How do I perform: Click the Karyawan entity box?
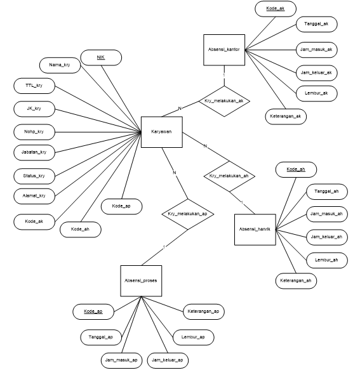point(158,132)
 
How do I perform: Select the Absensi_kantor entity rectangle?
point(223,49)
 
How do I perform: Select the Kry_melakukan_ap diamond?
point(187,214)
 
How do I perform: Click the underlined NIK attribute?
point(100,58)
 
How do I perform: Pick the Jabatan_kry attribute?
point(34,152)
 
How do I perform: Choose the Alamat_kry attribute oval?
point(34,196)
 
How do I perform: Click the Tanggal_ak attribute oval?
point(316,24)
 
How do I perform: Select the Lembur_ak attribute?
point(316,93)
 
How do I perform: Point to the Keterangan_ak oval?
point(286,116)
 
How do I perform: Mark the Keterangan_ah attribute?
point(296,280)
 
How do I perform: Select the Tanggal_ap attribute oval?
point(100,336)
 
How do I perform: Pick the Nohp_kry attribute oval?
point(34,131)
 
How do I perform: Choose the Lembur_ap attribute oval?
point(194,337)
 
